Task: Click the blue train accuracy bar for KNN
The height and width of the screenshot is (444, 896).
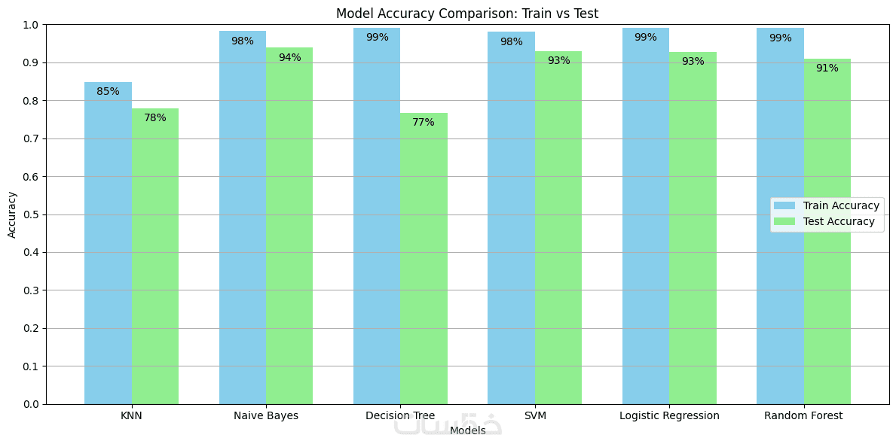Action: click(x=108, y=248)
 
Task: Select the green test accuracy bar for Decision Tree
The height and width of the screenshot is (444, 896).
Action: click(x=424, y=263)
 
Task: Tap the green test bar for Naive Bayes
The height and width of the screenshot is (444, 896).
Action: click(x=289, y=233)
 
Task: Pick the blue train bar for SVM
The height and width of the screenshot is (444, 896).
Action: click(x=511, y=226)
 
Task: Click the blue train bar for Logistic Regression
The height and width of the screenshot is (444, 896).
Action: click(x=645, y=226)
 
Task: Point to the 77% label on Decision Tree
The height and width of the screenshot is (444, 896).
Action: click(x=424, y=122)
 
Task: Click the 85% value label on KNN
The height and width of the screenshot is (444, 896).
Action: click(x=108, y=92)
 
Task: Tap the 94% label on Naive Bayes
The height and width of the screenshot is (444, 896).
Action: click(x=289, y=57)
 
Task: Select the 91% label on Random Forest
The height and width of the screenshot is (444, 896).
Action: click(x=827, y=68)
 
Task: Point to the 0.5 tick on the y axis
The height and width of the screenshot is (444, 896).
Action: click(x=32, y=214)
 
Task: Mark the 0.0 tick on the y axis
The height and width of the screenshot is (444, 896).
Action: click(x=32, y=404)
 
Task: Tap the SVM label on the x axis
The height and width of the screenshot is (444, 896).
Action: click(x=535, y=415)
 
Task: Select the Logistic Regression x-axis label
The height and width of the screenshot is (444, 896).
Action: click(x=669, y=415)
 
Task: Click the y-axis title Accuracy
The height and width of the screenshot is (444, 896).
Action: click(x=12, y=214)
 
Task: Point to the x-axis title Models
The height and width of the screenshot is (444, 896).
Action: click(x=467, y=430)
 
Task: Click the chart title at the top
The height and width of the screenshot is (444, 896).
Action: click(x=467, y=14)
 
